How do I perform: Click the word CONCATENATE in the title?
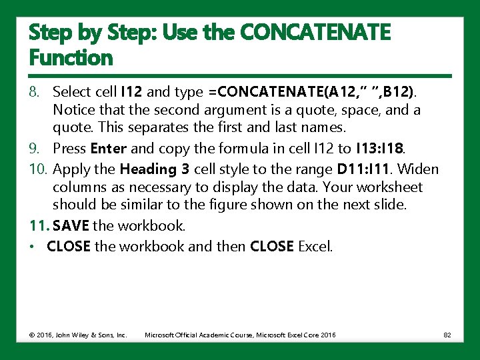313,32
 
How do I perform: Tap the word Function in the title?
71,58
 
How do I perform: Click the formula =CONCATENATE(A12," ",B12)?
315,91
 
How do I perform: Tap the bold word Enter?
108,149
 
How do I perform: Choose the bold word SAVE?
71,226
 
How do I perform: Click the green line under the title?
240,75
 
